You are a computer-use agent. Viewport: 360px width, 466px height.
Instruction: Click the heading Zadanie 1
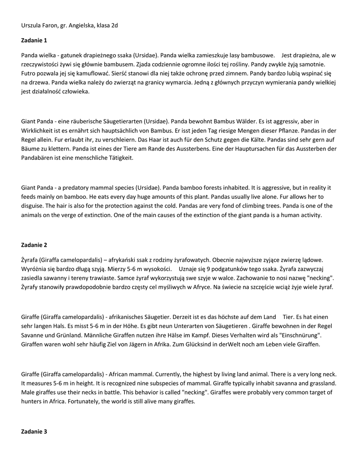[x=34, y=41]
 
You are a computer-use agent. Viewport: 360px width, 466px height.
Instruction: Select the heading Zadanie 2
[x=34, y=245]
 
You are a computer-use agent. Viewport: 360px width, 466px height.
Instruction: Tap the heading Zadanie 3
[x=34, y=431]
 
